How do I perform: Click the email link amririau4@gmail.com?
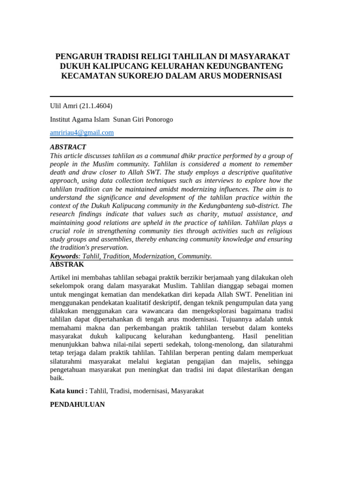pyautogui.click(x=82, y=133)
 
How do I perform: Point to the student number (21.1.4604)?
pyautogui.click(x=96, y=106)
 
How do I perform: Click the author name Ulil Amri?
pyautogui.click(x=64, y=106)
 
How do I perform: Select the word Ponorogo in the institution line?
pyautogui.click(x=157, y=119)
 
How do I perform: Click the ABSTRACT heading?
pyautogui.click(x=68, y=147)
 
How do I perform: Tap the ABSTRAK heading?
pyautogui.click(x=67, y=264)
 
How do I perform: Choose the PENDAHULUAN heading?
pyautogui.click(x=77, y=404)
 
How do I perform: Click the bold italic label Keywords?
pyautogui.click(x=64, y=256)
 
